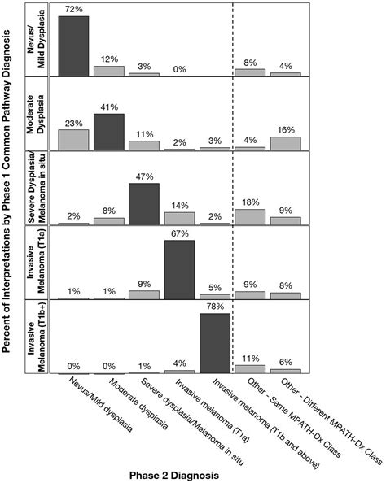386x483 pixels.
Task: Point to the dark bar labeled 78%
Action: coord(215,342)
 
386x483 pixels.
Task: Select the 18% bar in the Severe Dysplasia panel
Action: coord(250,217)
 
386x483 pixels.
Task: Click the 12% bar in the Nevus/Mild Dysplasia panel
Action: coord(109,71)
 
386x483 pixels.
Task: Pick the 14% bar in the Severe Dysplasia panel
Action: coord(179,219)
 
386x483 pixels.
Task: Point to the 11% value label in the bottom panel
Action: coord(250,357)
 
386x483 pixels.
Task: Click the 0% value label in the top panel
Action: coord(179,68)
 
